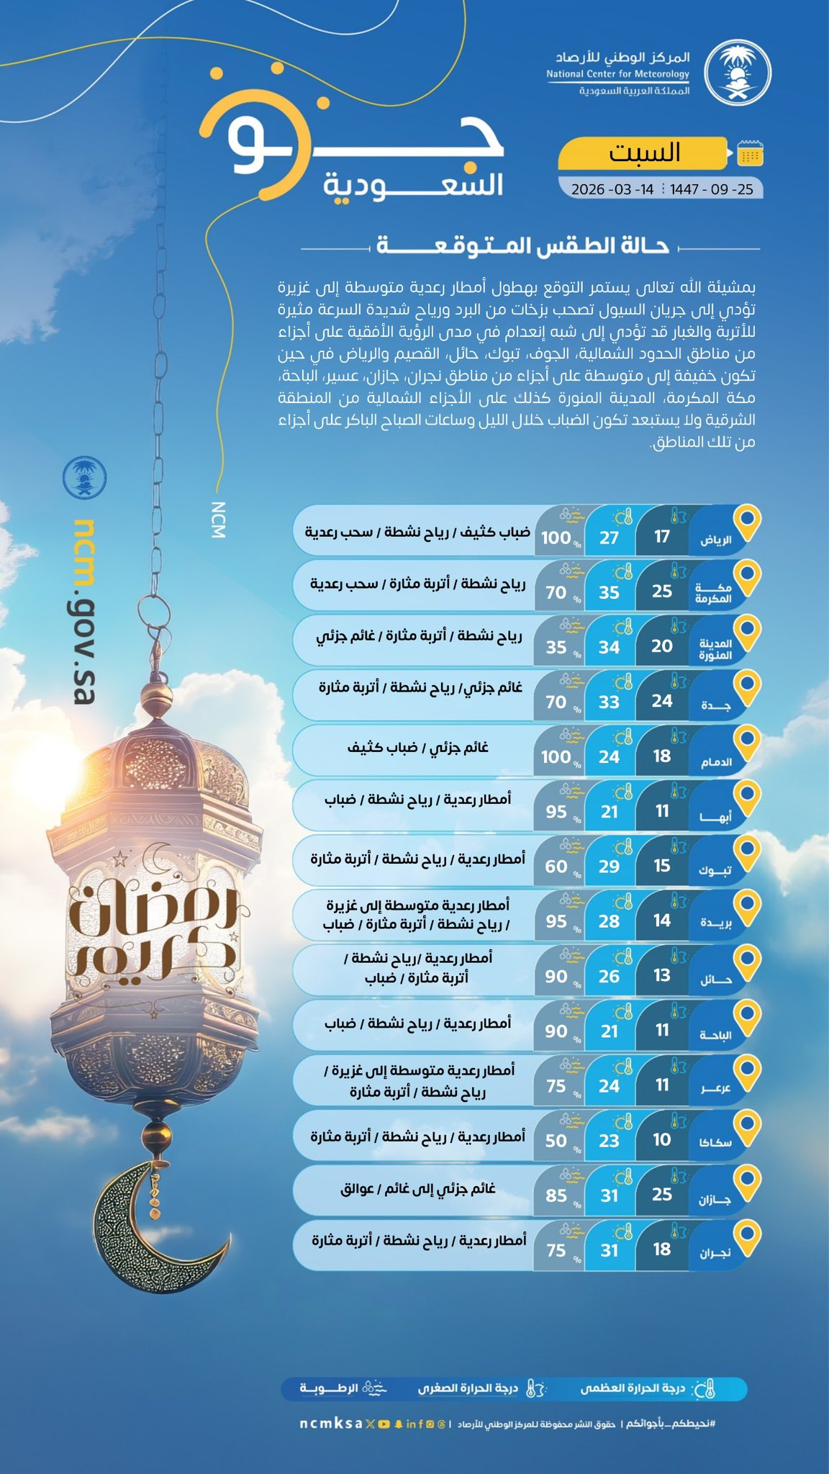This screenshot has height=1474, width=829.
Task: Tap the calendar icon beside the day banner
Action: coord(750,153)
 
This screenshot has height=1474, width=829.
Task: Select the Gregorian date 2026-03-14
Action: coord(612,189)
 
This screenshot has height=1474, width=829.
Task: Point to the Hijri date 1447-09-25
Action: coord(711,189)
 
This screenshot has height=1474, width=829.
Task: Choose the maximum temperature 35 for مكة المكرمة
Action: coord(609,592)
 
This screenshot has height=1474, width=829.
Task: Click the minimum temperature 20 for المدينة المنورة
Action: coord(661,646)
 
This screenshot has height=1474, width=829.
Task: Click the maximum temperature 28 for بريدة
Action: coord(609,921)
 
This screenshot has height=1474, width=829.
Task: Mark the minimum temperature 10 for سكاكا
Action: coord(661,1139)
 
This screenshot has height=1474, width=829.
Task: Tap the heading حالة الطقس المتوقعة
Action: coord(523,246)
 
